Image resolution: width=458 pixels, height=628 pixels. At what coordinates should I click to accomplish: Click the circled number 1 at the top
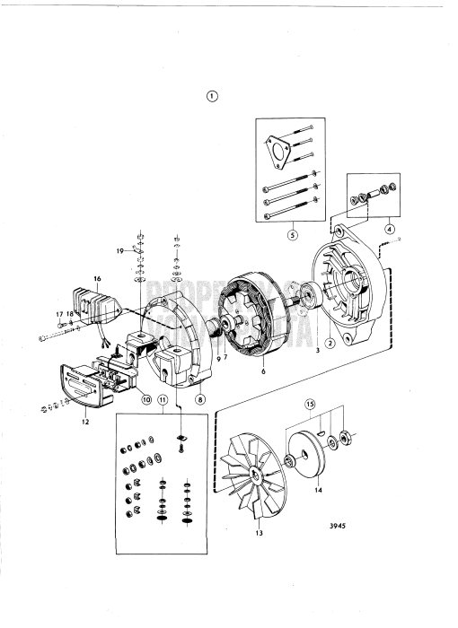(212, 96)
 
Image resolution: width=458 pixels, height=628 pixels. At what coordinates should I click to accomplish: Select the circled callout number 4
(389, 228)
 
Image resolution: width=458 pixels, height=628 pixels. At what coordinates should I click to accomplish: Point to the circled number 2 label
(330, 341)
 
